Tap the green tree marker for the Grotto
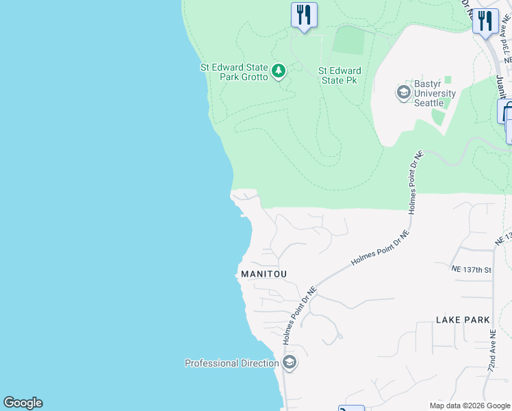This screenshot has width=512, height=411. click(x=279, y=71)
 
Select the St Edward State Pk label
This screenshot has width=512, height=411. click(x=340, y=75)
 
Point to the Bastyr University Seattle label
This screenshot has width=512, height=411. click(x=435, y=93)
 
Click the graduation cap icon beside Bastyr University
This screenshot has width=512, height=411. click(x=404, y=92)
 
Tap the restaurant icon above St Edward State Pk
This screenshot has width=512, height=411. click(x=304, y=14)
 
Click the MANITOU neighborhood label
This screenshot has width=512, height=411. click(x=264, y=274)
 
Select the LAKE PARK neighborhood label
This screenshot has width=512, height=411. click(x=463, y=320)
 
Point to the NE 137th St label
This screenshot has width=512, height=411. click(x=472, y=269)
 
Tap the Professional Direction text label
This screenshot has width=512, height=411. click(x=231, y=363)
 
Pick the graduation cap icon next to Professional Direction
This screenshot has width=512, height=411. click(x=290, y=362)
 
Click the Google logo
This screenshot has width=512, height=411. click(x=23, y=403)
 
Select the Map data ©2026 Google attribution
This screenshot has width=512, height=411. click(x=470, y=406)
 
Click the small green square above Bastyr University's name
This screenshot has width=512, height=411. click(x=448, y=80)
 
